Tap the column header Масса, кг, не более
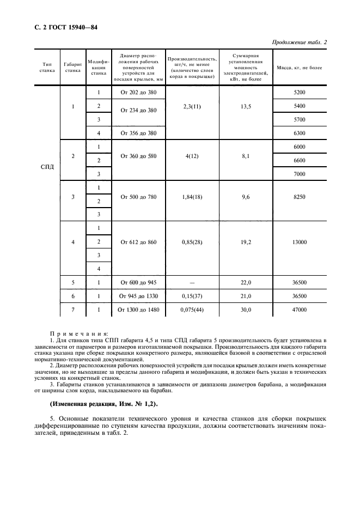[299, 68]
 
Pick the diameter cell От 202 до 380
[138, 93]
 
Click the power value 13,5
[246, 106]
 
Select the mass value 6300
[299, 133]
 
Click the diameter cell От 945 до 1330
[138, 296]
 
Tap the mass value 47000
[299, 310]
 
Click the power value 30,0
[246, 310]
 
